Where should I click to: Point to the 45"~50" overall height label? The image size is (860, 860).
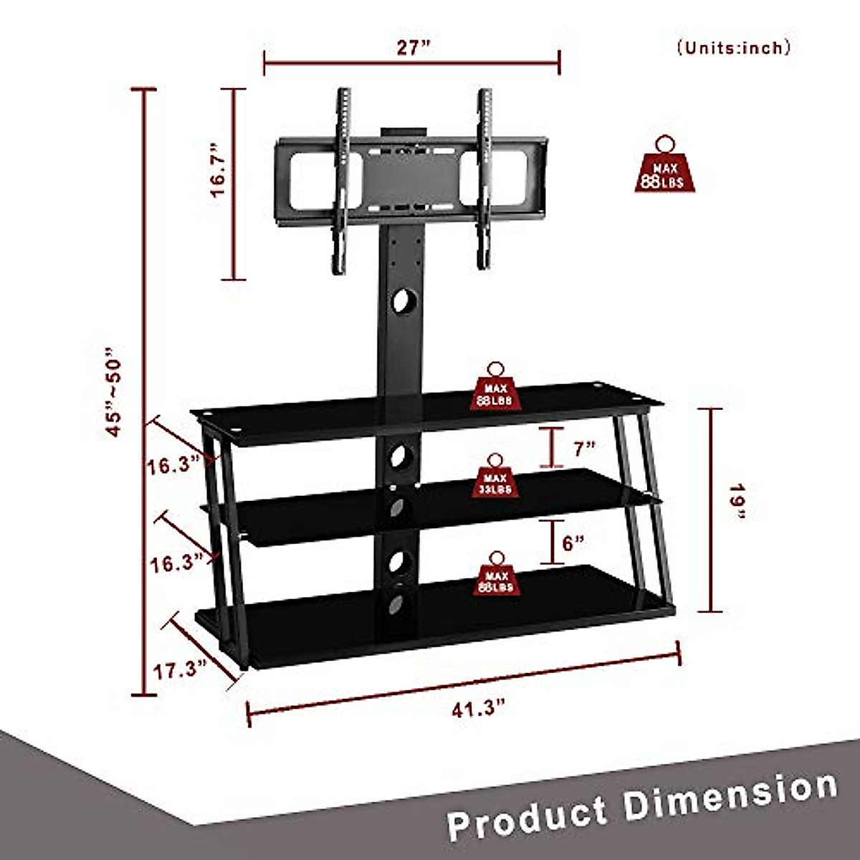(x=114, y=393)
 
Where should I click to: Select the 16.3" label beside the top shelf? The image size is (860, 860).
(x=173, y=467)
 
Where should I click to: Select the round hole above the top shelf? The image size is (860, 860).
(x=403, y=300)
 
